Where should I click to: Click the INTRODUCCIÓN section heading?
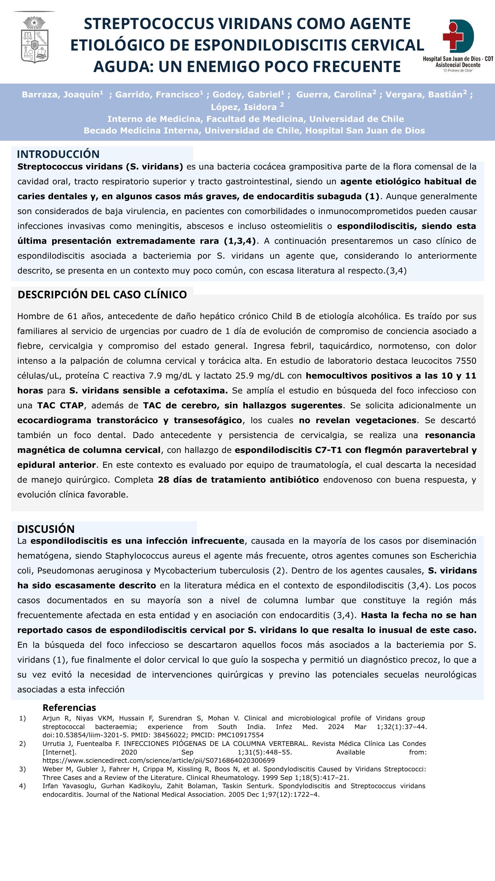[58, 154]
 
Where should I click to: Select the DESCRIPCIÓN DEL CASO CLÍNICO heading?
[102, 294]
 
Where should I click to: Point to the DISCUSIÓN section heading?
[46, 529]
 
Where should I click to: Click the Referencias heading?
[69, 708]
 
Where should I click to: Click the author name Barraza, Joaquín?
[60, 95]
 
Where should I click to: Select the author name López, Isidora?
[244, 107]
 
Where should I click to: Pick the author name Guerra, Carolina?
[334, 95]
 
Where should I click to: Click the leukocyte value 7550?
[466, 361]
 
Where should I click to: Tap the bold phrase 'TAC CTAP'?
[60, 406]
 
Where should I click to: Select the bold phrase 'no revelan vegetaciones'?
[357, 420]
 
